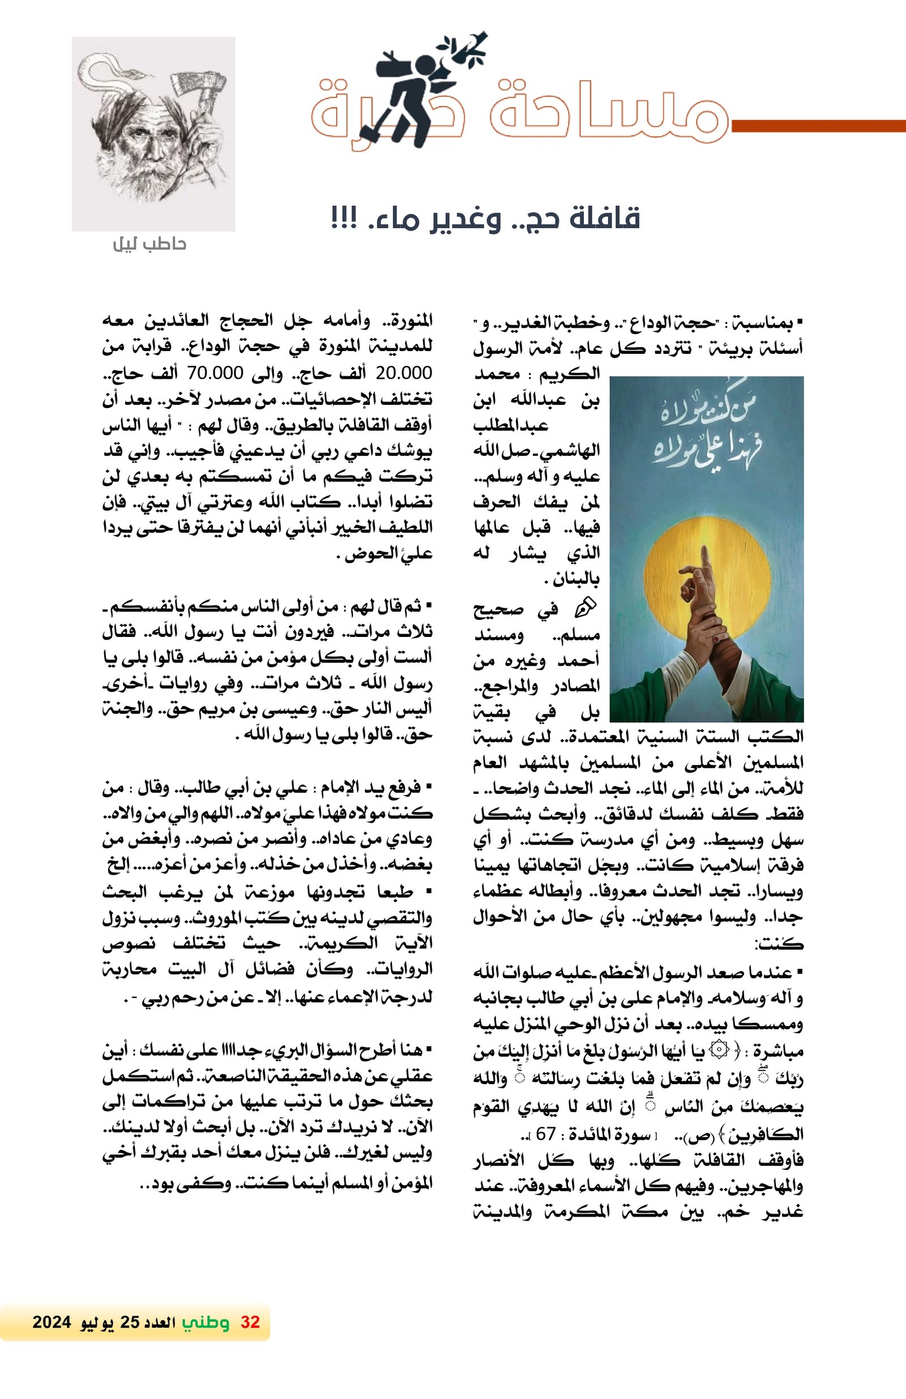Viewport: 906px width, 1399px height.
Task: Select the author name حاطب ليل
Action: pyautogui.click(x=149, y=244)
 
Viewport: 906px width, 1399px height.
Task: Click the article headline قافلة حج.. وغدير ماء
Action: pyautogui.click(x=486, y=219)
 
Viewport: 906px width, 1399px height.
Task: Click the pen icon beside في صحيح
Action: pyautogui.click(x=584, y=609)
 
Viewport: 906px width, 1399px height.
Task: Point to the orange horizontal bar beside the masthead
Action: pyautogui.click(x=817, y=126)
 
